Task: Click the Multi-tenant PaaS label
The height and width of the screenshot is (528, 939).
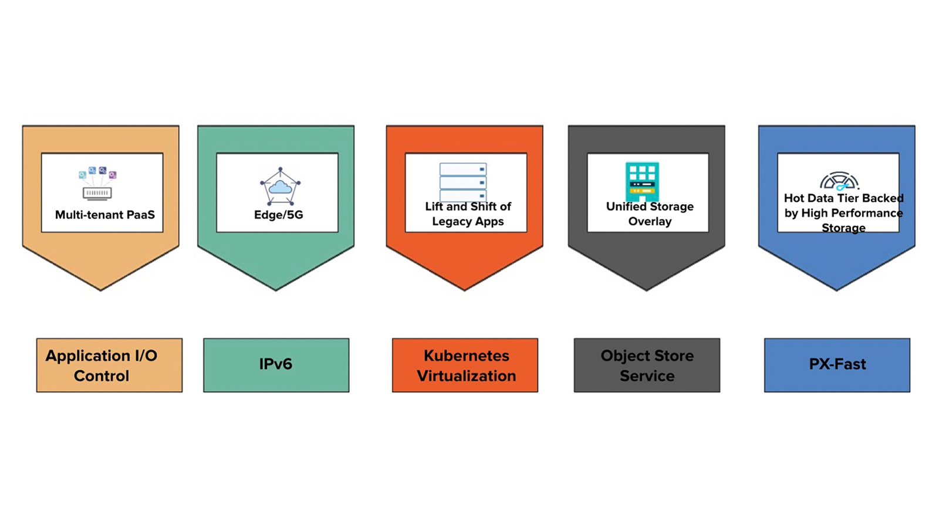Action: click(x=105, y=215)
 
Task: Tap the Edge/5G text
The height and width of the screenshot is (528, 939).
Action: click(x=278, y=215)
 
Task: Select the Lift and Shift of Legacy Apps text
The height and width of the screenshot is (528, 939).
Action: click(x=468, y=214)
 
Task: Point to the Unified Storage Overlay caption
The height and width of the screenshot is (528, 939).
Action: click(x=650, y=214)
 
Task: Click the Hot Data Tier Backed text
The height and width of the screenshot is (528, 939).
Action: click(x=844, y=198)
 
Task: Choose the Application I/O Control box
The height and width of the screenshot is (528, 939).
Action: click(x=109, y=365)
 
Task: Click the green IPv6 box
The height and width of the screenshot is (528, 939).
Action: click(x=276, y=365)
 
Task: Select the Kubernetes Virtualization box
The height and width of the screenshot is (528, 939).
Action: click(x=465, y=365)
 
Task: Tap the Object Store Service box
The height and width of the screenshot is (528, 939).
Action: click(x=647, y=365)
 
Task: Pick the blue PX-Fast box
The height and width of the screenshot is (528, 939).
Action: click(x=837, y=365)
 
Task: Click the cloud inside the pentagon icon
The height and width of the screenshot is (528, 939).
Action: click(x=280, y=187)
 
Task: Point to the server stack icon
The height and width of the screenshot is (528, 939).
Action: click(x=463, y=182)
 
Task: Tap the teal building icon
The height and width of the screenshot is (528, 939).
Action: click(x=642, y=182)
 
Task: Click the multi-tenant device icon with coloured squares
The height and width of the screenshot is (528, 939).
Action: click(x=97, y=183)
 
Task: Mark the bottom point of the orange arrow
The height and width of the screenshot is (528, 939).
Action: click(x=464, y=290)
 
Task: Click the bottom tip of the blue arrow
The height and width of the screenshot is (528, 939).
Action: click(x=837, y=290)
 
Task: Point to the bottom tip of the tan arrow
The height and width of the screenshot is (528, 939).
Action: click(x=100, y=290)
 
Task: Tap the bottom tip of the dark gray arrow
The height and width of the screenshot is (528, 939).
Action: click(x=646, y=290)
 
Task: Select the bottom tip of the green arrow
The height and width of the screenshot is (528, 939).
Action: click(x=276, y=290)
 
